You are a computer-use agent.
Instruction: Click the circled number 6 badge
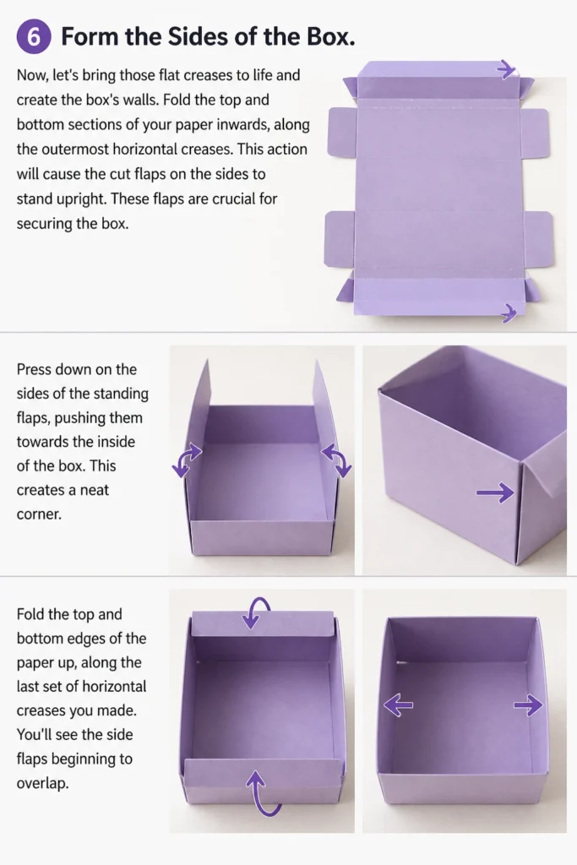coord(34,37)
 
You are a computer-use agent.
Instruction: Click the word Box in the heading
coord(329,36)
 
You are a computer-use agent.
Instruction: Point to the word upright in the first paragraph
coord(77,199)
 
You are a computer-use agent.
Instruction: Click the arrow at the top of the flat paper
coord(506,69)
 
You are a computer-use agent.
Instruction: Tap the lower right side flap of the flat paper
coord(538,239)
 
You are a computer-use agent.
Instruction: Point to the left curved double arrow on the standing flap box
coord(187,459)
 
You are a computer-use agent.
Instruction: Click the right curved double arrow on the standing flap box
coord(336,460)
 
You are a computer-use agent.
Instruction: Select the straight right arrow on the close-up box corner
coord(495,492)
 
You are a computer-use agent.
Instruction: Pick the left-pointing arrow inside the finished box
coord(398,705)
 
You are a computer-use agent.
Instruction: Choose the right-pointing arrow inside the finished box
coord(528,705)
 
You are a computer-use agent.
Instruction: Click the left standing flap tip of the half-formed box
coord(207,361)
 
